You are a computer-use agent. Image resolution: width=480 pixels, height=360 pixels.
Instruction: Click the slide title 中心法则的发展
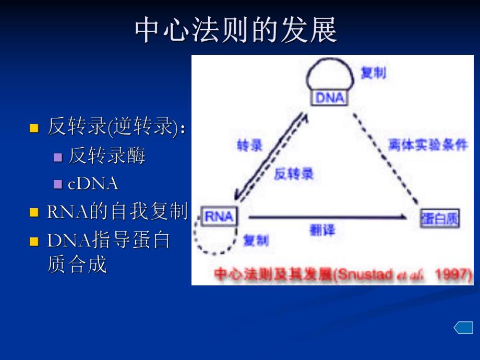[236, 30]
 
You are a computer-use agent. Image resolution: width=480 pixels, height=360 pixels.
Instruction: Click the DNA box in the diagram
[330, 97]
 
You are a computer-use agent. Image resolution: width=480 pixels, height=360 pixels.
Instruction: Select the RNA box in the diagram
[219, 217]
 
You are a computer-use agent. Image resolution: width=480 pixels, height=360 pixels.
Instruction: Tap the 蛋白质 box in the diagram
[440, 219]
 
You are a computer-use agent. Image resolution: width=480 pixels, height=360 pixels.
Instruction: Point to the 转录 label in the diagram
[249, 146]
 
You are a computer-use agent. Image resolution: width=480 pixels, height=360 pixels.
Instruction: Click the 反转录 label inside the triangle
[294, 174]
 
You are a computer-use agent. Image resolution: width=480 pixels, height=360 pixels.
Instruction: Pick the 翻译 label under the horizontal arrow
[322, 230]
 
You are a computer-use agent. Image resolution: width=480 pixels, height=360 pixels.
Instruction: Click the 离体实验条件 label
[428, 146]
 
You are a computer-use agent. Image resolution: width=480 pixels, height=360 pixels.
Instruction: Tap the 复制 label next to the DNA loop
[373, 73]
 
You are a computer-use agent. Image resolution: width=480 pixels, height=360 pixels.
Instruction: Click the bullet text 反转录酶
[107, 155]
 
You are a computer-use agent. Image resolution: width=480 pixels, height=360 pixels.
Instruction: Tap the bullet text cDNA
[93, 183]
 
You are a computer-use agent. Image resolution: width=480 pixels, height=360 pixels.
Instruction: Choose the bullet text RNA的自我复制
[117, 211]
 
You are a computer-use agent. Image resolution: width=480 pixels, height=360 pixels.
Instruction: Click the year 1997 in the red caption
[454, 274]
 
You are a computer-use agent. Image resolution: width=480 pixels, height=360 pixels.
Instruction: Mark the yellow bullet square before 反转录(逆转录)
[34, 128]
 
